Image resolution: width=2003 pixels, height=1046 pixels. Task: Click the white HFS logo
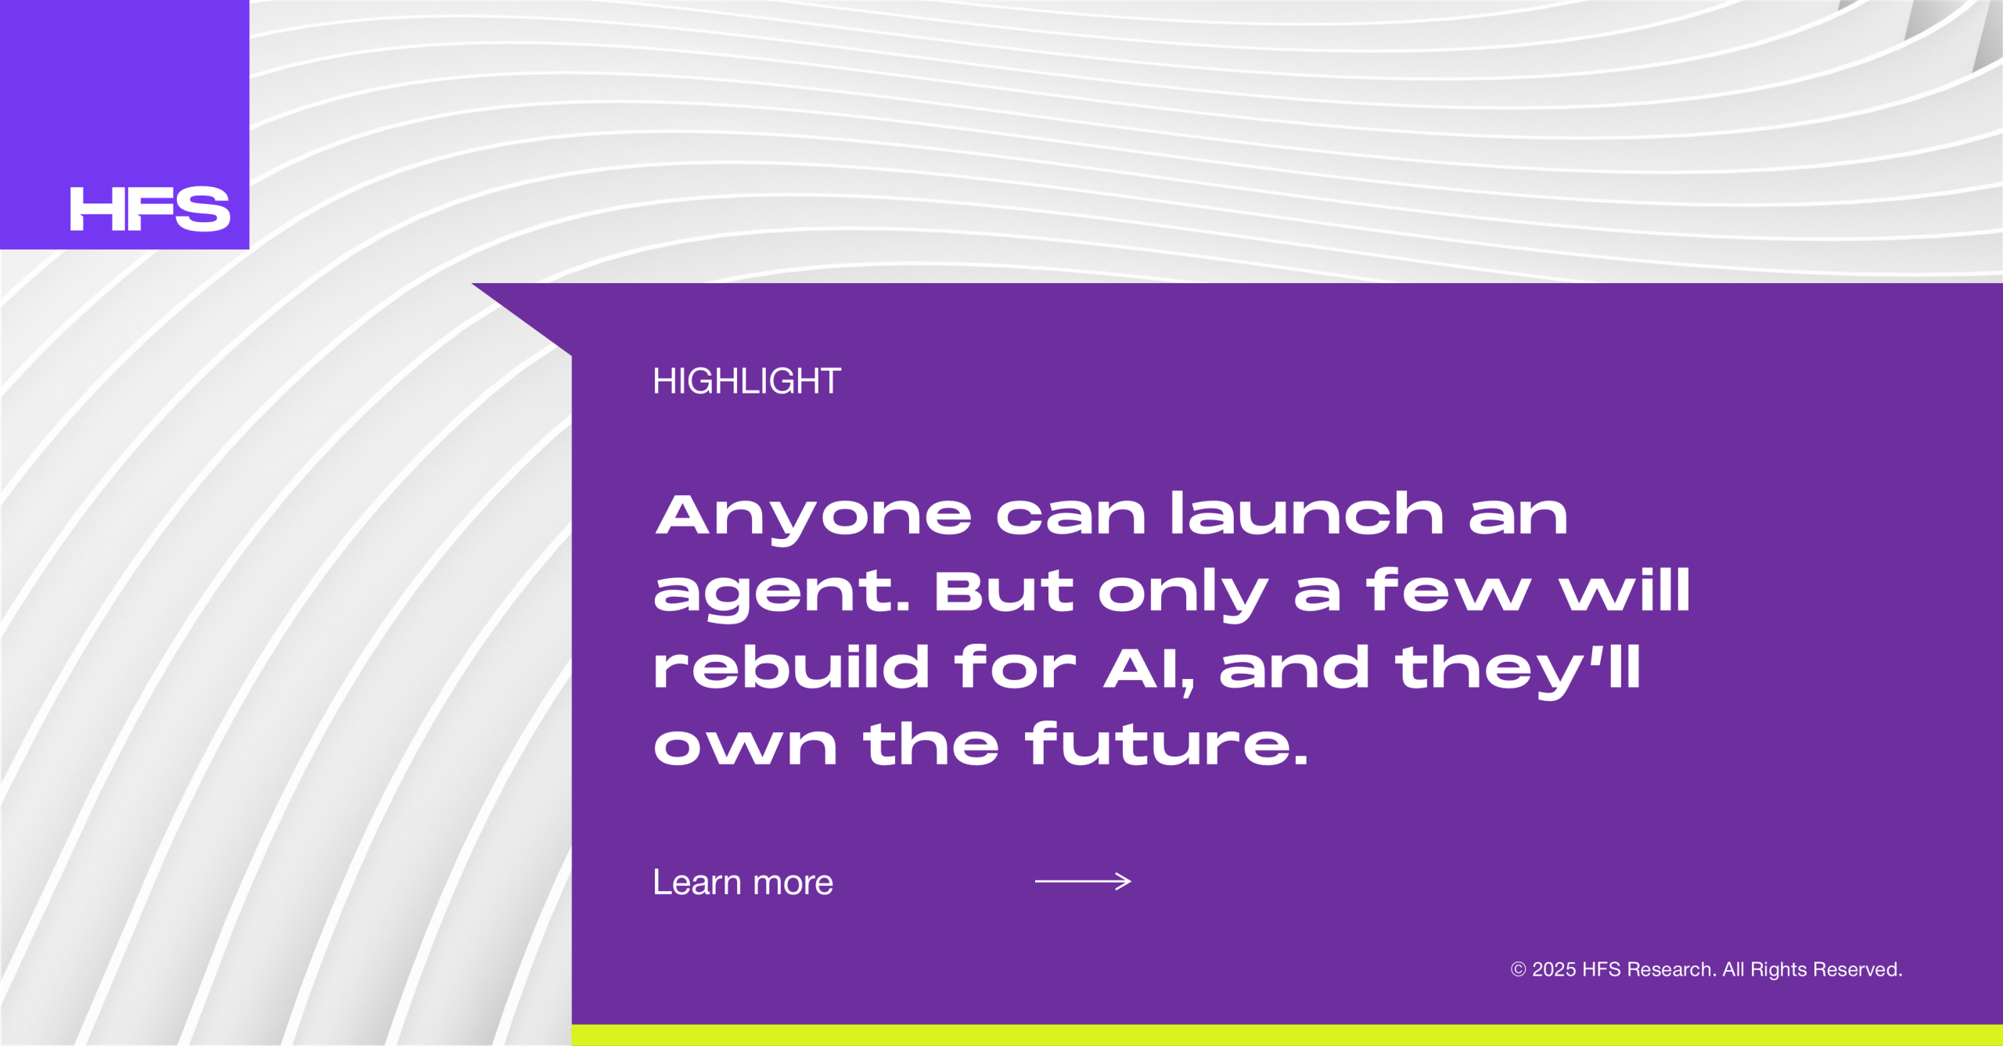pyautogui.click(x=150, y=209)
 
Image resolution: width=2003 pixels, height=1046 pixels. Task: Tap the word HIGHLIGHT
pyautogui.click(x=746, y=382)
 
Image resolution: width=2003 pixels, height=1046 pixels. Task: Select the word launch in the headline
pyautogui.click(x=1307, y=513)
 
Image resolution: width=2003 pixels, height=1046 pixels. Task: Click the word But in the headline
pyautogui.click(x=1004, y=590)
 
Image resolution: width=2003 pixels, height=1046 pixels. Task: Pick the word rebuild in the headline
pyautogui.click(x=791, y=667)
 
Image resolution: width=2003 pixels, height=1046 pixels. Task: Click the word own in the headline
pyautogui.click(x=746, y=746)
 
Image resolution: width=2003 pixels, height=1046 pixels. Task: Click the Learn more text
pyautogui.click(x=743, y=882)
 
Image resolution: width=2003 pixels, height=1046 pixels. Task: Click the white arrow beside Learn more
pyautogui.click(x=1083, y=882)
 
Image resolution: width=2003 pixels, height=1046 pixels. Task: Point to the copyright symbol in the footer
pyautogui.click(x=1518, y=970)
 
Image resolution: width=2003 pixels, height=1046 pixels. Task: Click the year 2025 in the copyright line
pyautogui.click(x=1554, y=970)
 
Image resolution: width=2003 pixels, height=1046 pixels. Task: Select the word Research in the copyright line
pyautogui.click(x=1671, y=970)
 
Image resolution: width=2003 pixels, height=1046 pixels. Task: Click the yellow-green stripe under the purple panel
pyautogui.click(x=1287, y=1035)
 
